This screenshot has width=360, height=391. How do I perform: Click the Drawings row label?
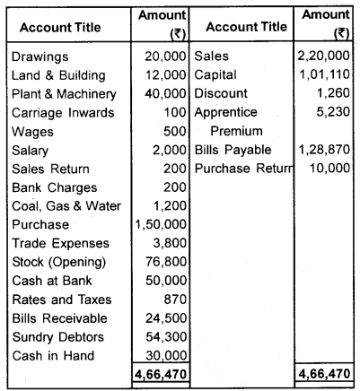point(39,56)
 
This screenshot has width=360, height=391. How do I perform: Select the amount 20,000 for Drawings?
point(162,56)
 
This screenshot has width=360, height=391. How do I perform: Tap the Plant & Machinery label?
point(64,94)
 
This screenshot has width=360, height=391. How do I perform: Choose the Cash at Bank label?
point(50,281)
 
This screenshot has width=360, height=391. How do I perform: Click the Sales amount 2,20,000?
point(328,56)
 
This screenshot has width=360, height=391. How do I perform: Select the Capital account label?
point(216,75)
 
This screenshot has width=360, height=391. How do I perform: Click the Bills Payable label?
point(232,150)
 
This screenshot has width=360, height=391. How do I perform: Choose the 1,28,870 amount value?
point(328,150)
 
